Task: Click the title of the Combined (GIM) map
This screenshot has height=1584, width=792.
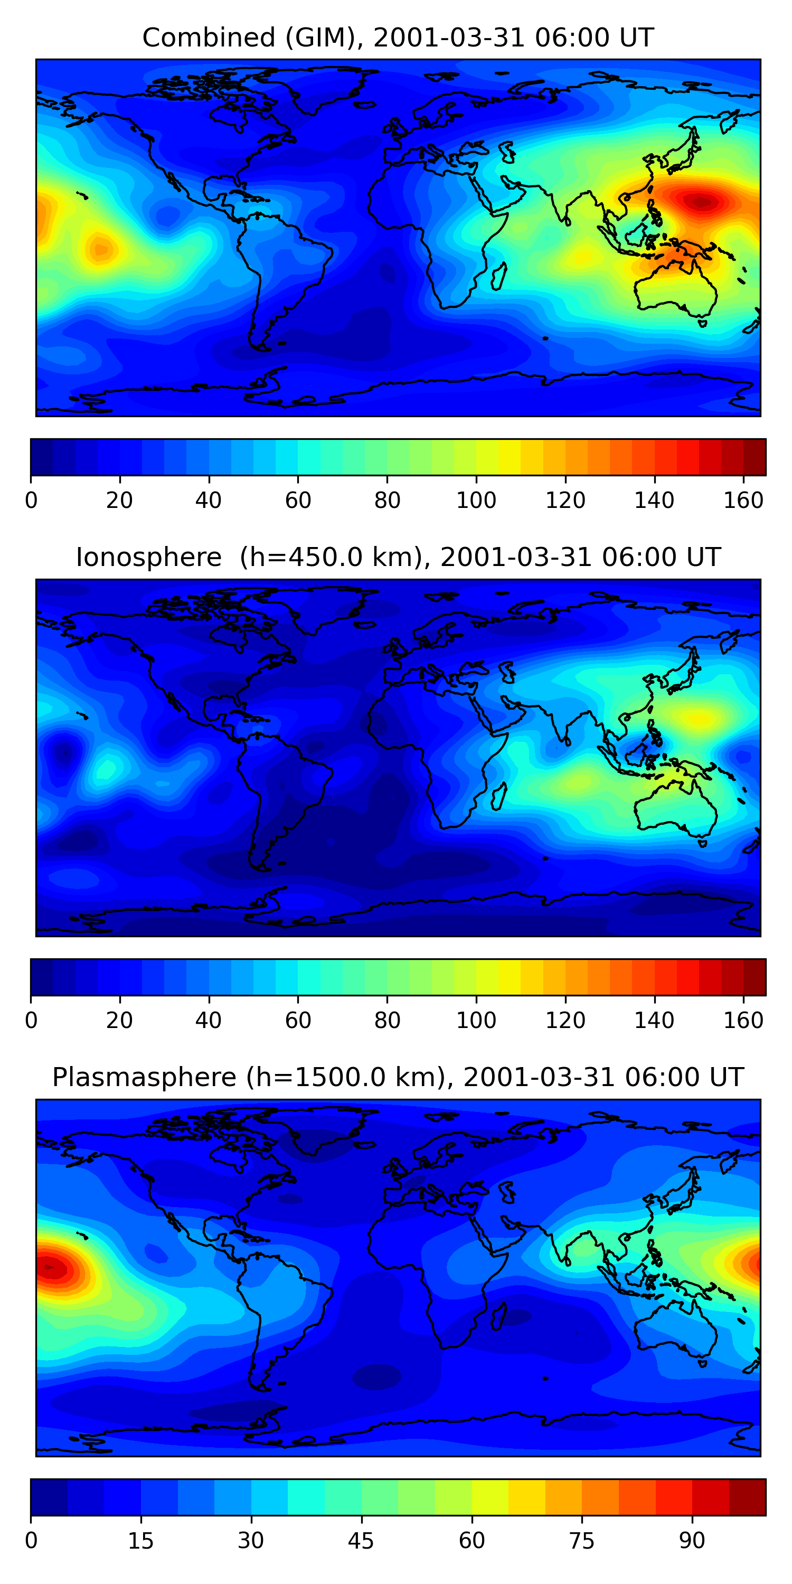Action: (x=397, y=37)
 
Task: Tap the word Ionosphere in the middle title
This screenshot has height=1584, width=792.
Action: (x=148, y=558)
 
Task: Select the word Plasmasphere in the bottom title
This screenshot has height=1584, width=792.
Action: (x=144, y=1077)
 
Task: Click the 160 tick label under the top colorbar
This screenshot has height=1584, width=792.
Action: (x=743, y=501)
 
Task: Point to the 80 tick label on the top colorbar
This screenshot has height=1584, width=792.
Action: (x=387, y=501)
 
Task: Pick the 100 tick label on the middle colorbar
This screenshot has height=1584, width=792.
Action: (x=476, y=1021)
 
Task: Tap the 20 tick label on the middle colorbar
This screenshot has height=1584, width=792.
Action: (x=119, y=1021)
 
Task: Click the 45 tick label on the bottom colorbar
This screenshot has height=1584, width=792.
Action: (x=361, y=1540)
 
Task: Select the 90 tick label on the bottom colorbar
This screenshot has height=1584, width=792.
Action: (x=692, y=1540)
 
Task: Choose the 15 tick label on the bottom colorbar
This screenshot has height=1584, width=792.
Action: (x=141, y=1540)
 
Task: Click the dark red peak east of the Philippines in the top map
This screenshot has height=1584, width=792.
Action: (x=701, y=201)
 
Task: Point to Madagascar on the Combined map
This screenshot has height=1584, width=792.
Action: (x=498, y=276)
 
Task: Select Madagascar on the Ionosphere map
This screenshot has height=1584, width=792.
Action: (x=498, y=795)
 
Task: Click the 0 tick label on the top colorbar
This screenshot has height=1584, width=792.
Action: (x=31, y=501)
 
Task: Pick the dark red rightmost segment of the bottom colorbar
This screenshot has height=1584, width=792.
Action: (x=747, y=1497)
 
